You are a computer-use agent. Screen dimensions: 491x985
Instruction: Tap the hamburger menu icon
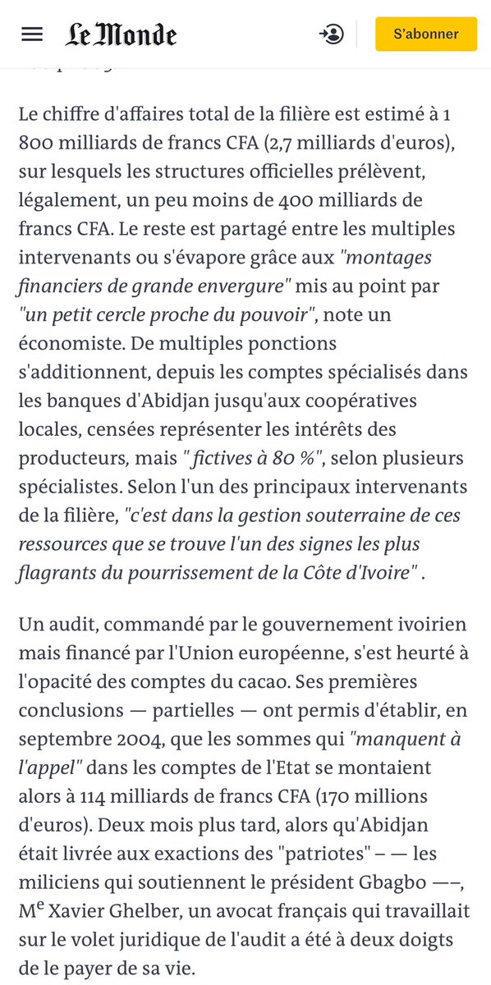pos(32,34)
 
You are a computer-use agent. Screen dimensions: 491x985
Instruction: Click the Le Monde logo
pos(121,34)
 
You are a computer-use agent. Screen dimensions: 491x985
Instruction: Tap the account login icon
pos(332,34)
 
